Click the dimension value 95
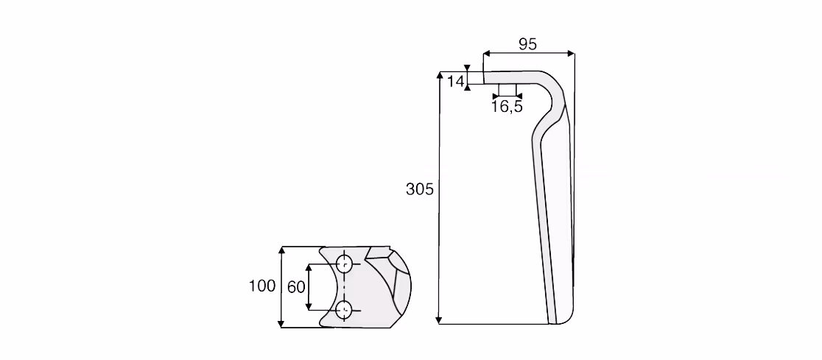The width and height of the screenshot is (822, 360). (x=527, y=43)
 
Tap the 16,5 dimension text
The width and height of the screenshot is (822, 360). (x=507, y=107)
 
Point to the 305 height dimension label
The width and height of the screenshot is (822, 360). (x=419, y=188)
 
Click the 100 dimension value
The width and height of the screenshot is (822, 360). (x=263, y=286)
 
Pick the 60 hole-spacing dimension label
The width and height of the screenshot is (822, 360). (x=296, y=287)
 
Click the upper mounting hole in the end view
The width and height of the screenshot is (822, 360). (x=344, y=264)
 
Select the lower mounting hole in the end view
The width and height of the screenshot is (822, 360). (x=344, y=311)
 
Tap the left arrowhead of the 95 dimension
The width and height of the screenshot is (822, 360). (x=486, y=53)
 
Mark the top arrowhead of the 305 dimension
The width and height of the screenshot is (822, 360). (x=439, y=75)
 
